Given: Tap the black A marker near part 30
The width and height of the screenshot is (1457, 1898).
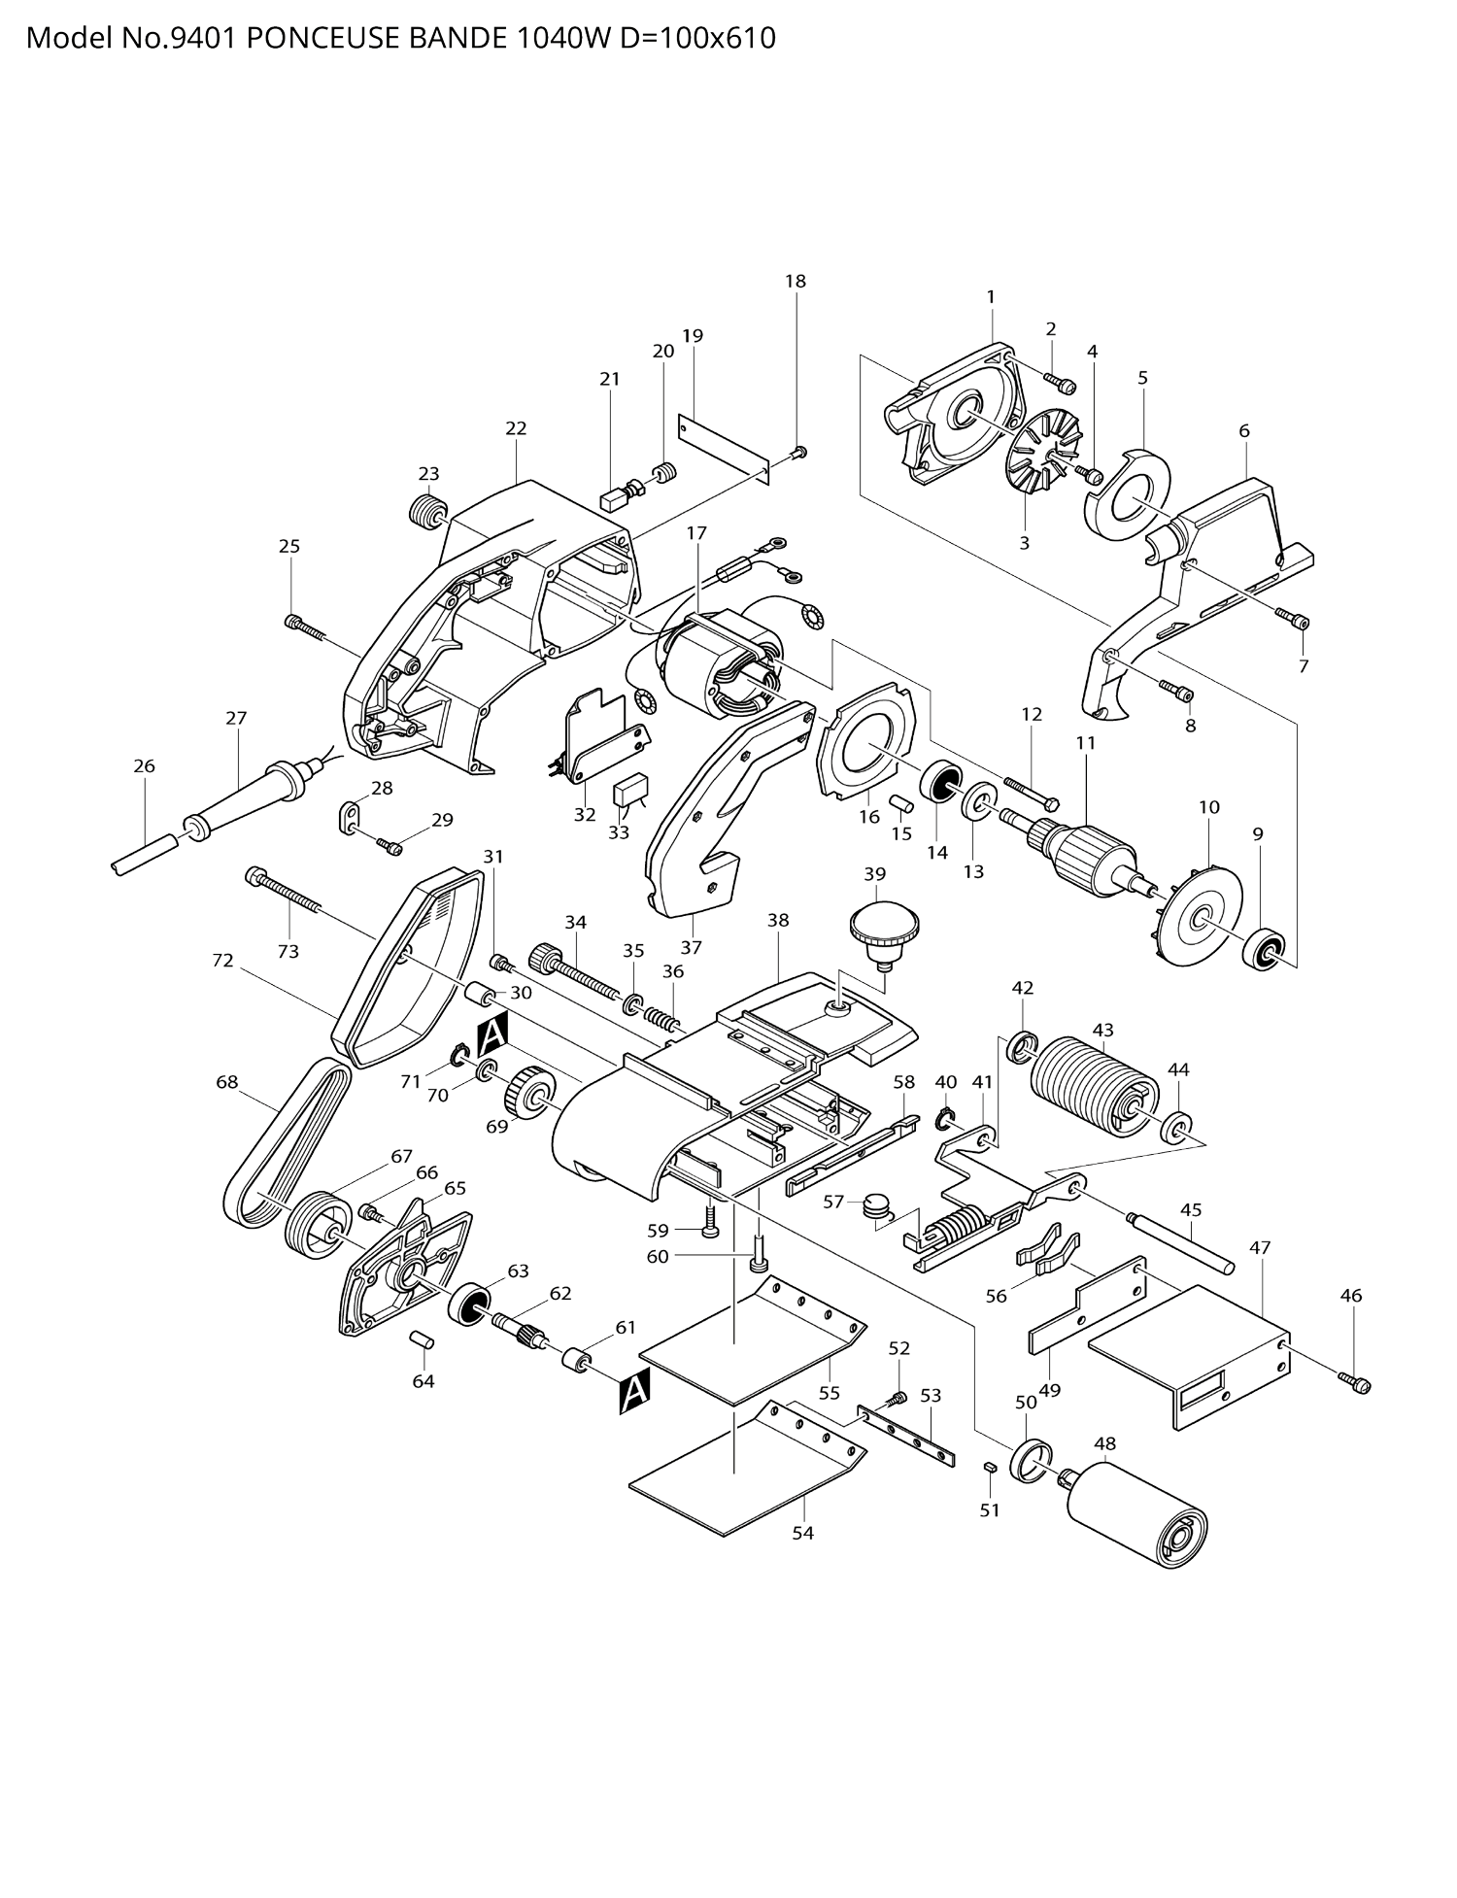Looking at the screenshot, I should pyautogui.click(x=492, y=1034).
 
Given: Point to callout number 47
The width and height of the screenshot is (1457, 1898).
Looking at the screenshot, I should pyautogui.click(x=1259, y=1248).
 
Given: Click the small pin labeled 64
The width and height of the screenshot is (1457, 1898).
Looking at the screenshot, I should pyautogui.click(x=422, y=1340).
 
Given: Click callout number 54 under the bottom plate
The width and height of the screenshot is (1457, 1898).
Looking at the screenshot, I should pyautogui.click(x=802, y=1533).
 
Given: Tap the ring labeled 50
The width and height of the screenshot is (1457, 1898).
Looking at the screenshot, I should pyautogui.click(x=1032, y=1458).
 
